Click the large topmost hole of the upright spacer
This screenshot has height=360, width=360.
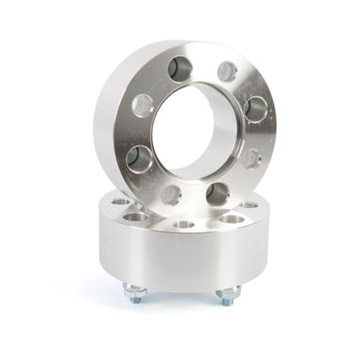click(180, 67)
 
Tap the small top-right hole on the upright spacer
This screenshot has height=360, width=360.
click(226, 71)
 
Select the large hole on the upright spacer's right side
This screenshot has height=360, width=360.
click(255, 109)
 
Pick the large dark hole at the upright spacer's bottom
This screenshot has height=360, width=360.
click(217, 193)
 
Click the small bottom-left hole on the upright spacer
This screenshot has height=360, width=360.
click(172, 194)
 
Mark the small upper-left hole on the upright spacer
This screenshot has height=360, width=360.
click(142, 105)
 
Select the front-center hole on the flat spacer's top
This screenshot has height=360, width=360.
click(184, 225)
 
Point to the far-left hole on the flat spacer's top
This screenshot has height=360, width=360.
click(119, 202)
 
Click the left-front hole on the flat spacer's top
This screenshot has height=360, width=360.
click(138, 217)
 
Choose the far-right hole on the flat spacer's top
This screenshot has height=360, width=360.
click(250, 203)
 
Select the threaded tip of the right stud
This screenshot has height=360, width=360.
click(227, 302)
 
